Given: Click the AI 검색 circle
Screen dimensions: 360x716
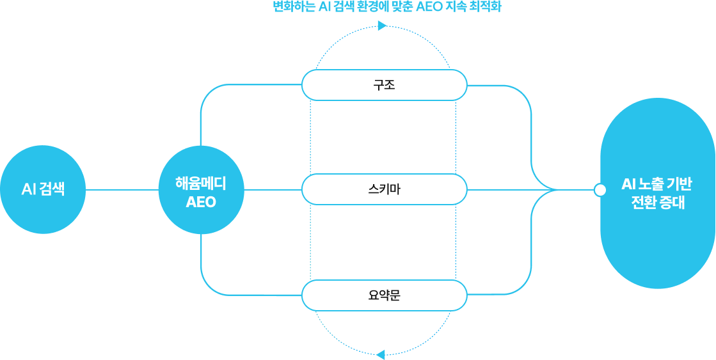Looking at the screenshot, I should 43,190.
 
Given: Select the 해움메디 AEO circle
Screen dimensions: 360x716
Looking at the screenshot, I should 201,190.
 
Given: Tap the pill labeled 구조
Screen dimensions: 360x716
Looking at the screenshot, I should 384,85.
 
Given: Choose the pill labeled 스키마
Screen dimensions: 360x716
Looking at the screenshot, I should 384,190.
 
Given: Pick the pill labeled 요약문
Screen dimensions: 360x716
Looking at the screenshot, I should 384,295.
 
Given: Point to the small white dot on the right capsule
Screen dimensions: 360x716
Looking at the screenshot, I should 600,190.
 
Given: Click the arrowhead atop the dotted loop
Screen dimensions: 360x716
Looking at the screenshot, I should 382,26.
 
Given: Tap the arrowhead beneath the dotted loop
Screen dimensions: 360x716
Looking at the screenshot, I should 380,354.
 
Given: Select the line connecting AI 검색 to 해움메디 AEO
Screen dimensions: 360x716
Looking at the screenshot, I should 122,190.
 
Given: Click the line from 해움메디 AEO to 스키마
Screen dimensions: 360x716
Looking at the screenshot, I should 272,190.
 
